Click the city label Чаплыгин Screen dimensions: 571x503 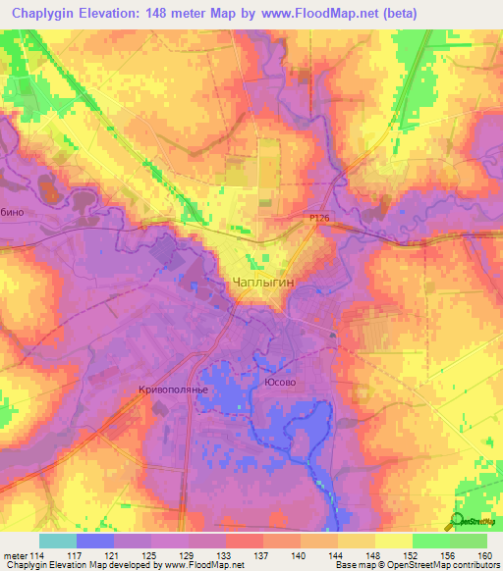pyautogui.click(x=262, y=283)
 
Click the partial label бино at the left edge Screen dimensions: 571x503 pyautogui.click(x=13, y=211)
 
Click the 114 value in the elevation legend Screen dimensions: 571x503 pyautogui.click(x=39, y=556)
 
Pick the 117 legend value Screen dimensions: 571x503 pyautogui.click(x=77, y=556)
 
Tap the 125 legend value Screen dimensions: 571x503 pyautogui.click(x=151, y=556)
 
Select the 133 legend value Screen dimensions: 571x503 pyautogui.click(x=226, y=556)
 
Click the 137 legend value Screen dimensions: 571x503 pyautogui.click(x=263, y=556)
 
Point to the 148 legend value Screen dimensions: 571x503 pyautogui.click(x=375, y=556)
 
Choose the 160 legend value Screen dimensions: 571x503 pyautogui.click(x=485, y=556)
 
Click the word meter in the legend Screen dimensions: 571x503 pyautogui.click(x=14, y=556)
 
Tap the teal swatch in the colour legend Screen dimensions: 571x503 pyautogui.click(x=58, y=541)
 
